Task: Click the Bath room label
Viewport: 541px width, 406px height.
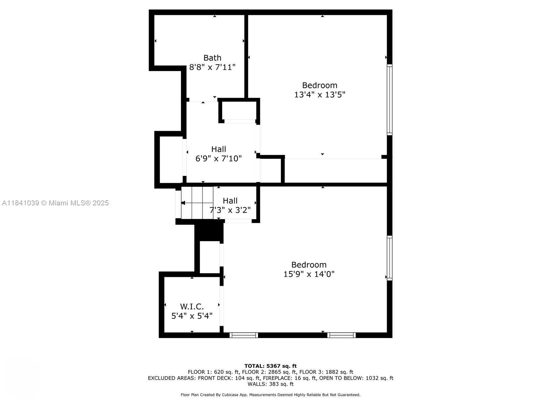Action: pyautogui.click(x=212, y=58)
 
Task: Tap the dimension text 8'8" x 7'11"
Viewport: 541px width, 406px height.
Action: pyautogui.click(x=212, y=67)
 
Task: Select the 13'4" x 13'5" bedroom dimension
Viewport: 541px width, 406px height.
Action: pyautogui.click(x=320, y=94)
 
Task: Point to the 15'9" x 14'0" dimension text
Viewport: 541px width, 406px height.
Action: pyautogui.click(x=309, y=274)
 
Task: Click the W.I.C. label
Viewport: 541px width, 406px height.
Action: pyautogui.click(x=192, y=307)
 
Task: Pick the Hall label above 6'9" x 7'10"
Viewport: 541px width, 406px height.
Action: pyautogui.click(x=218, y=149)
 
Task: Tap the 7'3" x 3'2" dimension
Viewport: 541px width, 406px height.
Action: pyautogui.click(x=230, y=210)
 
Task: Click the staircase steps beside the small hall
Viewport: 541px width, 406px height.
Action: pyautogui.click(x=197, y=203)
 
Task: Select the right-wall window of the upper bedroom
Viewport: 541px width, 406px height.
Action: pyautogui.click(x=390, y=100)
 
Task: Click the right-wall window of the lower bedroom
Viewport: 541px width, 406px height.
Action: pyautogui.click(x=390, y=258)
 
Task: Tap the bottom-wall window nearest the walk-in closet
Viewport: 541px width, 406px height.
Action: pyautogui.click(x=244, y=335)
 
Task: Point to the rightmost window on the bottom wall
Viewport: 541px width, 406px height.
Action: pyautogui.click(x=342, y=335)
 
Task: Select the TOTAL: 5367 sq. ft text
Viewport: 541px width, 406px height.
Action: pyautogui.click(x=270, y=366)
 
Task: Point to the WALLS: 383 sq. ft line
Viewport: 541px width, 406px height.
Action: pyautogui.click(x=270, y=384)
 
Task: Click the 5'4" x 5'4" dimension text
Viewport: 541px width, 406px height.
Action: pyautogui.click(x=192, y=316)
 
